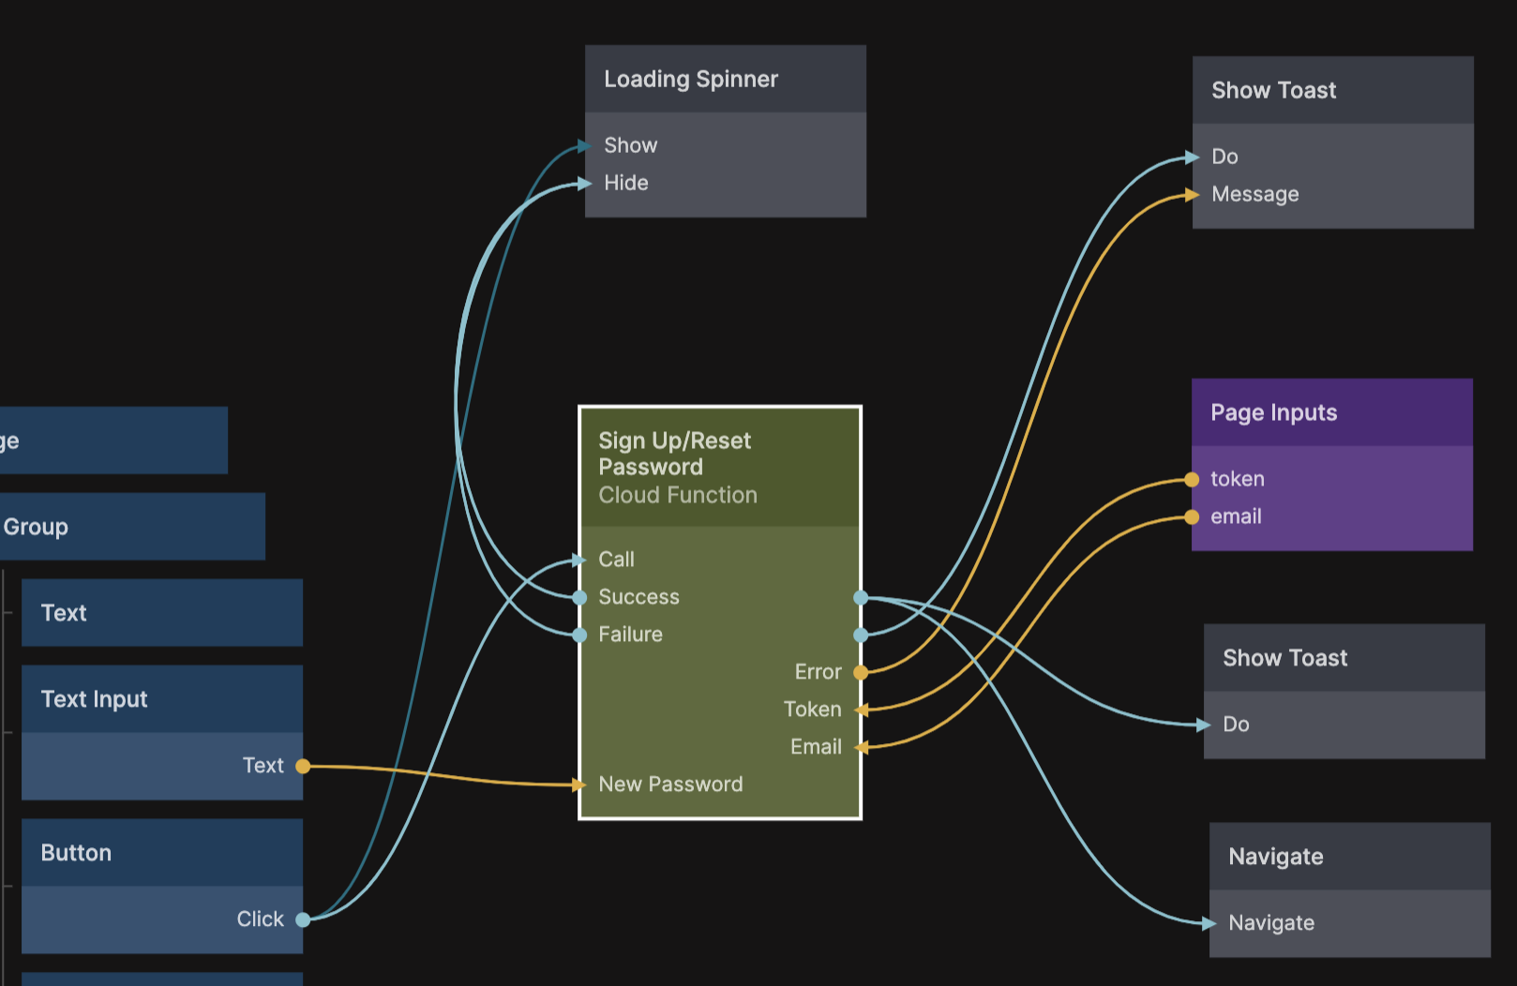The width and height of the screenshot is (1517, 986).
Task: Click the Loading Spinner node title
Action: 690,80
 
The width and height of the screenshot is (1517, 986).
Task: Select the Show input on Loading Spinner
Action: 630,145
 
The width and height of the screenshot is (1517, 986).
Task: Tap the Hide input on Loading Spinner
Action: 625,183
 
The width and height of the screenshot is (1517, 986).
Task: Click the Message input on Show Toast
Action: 1254,194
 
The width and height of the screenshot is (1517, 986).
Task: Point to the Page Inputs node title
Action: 1273,413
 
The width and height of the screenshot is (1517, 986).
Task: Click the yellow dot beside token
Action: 1192,480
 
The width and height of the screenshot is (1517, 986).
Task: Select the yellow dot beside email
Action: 1192,517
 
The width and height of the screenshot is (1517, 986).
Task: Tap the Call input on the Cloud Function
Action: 616,560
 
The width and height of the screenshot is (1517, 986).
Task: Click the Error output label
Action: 818,672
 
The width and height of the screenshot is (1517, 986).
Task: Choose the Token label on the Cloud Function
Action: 812,710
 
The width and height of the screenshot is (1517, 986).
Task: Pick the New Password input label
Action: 670,784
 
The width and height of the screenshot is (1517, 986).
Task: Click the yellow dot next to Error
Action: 861,672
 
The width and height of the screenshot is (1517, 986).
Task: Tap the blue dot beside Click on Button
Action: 303,919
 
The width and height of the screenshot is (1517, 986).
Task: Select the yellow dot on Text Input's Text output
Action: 303,766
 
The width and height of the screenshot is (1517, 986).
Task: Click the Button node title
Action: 76,853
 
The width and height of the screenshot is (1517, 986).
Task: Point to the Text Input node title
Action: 94,699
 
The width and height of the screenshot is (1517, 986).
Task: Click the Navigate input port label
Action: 1271,923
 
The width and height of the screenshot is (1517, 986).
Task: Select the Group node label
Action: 36,527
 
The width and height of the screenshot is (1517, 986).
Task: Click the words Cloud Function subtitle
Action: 678,495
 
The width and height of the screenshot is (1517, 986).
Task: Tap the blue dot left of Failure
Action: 580,635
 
